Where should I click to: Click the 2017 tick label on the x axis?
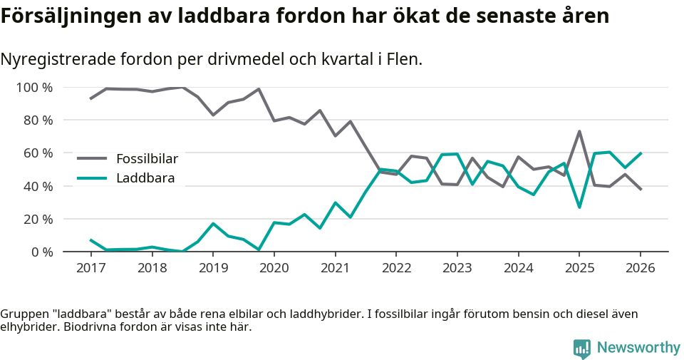coord(90,268)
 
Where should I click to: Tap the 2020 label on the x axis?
coord(274,268)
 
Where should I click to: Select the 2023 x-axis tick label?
coord(457,268)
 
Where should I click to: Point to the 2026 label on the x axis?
coord(640,268)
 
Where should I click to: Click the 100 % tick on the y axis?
coord(35,88)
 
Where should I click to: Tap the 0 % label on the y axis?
coord(42,252)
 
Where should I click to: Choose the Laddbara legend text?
coord(145,178)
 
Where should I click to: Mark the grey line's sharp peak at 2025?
coord(579,131)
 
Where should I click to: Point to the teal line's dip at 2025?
coord(579,207)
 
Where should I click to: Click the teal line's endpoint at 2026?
coord(641,153)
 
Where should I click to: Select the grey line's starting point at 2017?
coord(90,98)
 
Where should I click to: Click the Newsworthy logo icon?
coord(582,348)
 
